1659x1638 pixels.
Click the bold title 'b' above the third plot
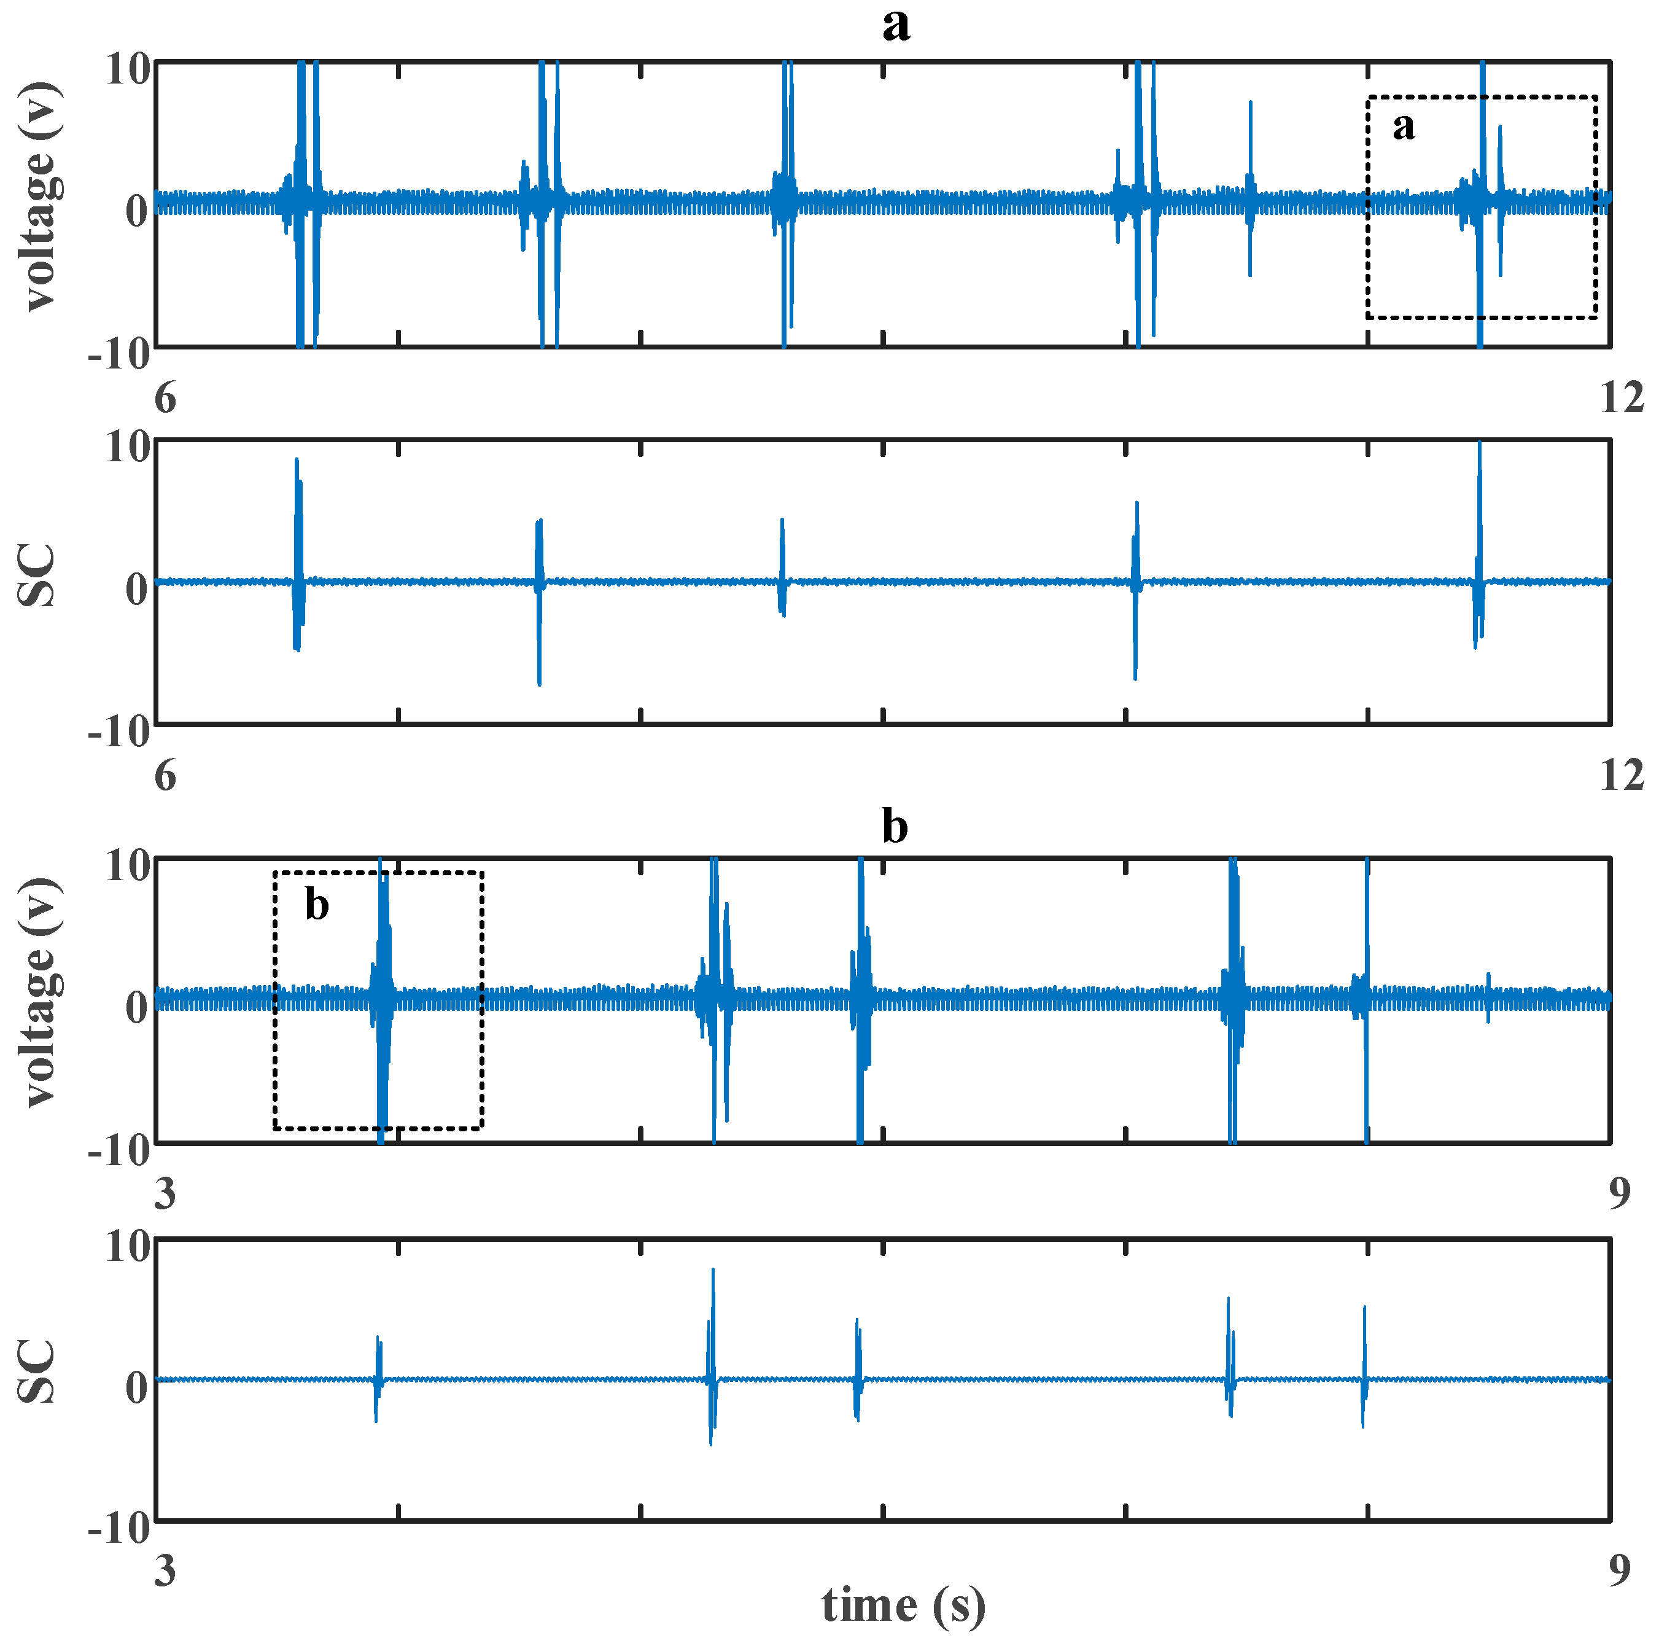[895, 826]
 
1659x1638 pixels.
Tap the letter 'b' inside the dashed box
[317, 905]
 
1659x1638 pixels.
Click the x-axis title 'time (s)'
[903, 1604]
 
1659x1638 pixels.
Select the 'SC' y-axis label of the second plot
[37, 575]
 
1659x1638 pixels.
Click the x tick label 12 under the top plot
[1621, 398]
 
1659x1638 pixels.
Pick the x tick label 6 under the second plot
[165, 776]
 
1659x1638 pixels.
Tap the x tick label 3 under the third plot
[165, 1193]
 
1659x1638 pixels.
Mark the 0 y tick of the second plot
[136, 588]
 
